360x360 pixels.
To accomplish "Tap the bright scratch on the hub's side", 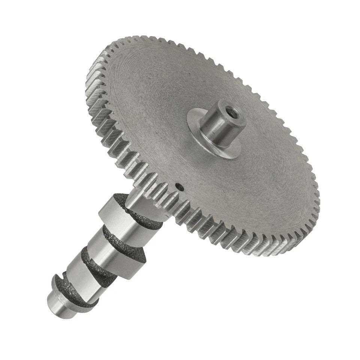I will coord(211,129).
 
